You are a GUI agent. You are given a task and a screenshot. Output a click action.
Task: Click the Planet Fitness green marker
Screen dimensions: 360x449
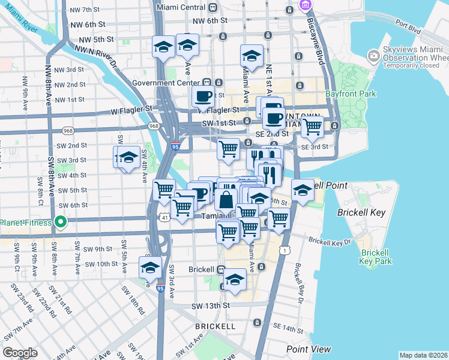(60, 223)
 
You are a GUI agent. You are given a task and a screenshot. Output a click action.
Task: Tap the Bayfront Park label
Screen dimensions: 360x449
(351, 94)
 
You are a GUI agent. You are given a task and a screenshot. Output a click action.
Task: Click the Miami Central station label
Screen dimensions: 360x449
(180, 8)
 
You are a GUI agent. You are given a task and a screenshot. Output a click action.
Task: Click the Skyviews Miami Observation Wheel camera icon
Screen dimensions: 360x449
(374, 56)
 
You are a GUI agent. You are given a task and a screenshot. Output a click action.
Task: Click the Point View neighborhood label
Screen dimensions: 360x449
(308, 349)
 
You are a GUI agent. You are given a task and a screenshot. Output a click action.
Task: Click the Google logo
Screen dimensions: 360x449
(20, 353)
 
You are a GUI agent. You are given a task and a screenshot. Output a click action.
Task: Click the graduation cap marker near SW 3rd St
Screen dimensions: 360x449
(128, 158)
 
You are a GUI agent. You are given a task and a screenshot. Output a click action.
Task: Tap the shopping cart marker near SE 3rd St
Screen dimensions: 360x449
(312, 127)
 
